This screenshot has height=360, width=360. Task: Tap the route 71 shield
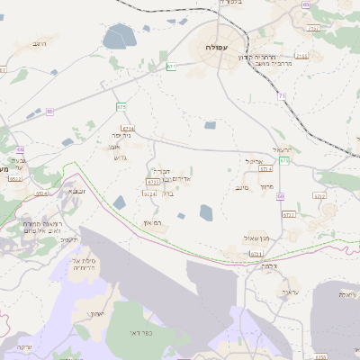click(x=281, y=94)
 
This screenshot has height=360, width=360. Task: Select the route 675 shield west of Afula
click(x=121, y=107)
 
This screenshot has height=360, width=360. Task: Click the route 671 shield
click(x=171, y=67)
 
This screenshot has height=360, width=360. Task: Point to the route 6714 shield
click(x=128, y=129)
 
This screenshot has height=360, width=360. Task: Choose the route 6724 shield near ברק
click(x=150, y=193)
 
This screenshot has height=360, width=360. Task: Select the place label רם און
click(x=162, y=221)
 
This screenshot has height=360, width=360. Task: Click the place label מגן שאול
click(x=257, y=238)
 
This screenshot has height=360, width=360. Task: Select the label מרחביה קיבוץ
click(x=256, y=57)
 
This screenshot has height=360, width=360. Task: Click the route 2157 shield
click(x=301, y=56)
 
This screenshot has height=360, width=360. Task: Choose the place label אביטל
click(x=253, y=160)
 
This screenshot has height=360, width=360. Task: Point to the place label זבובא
click(x=76, y=191)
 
